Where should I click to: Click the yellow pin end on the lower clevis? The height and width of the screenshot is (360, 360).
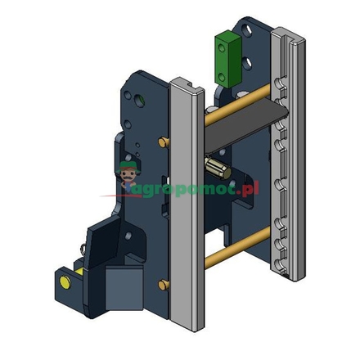click(64, 282)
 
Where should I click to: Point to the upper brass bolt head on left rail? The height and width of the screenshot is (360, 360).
click(162, 143)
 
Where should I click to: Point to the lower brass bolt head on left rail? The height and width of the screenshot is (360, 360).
click(164, 285)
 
